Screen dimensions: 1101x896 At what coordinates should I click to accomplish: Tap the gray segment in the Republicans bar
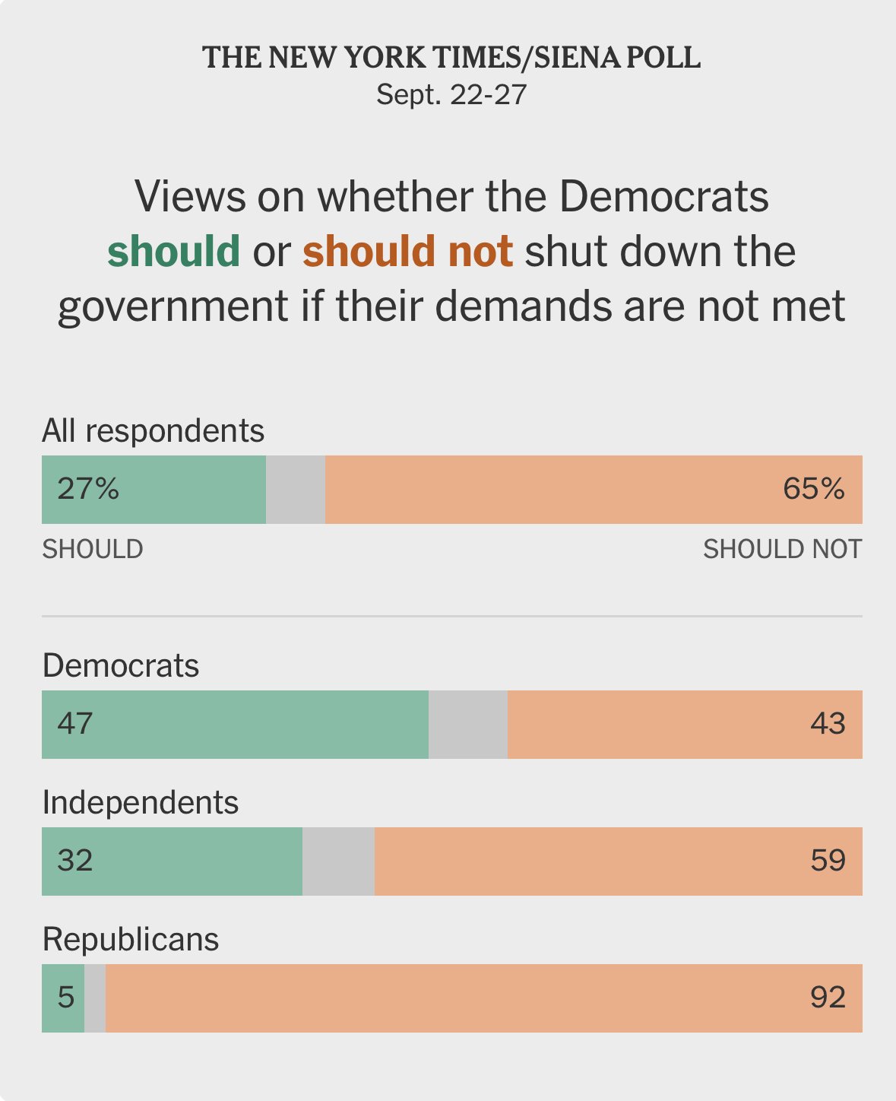[x=95, y=998]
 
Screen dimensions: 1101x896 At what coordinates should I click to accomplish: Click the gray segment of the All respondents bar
[x=296, y=490]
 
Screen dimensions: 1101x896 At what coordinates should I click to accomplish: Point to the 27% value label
[x=88, y=488]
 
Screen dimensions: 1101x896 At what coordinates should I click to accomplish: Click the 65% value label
[x=813, y=488]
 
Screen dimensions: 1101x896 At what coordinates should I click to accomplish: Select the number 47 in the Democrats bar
[x=75, y=723]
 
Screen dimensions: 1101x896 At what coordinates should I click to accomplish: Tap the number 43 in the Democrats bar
[x=828, y=723]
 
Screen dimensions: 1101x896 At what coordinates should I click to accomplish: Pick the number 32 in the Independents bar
[x=75, y=860]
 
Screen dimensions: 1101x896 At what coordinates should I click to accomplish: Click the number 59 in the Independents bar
[x=828, y=860]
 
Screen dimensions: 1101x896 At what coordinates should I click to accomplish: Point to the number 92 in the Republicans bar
[x=828, y=997]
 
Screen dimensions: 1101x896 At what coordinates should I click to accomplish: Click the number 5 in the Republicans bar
[x=66, y=997]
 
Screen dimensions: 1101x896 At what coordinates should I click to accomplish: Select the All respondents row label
[x=153, y=430]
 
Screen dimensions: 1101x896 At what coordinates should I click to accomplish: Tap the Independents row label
[x=141, y=802]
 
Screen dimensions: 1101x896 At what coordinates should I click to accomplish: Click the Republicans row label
[x=131, y=939]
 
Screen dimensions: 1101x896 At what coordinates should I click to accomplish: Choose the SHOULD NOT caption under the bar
[x=782, y=549]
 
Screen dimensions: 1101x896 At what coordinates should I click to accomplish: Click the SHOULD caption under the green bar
[x=93, y=549]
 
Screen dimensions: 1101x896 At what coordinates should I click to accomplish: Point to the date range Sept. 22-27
[x=451, y=95]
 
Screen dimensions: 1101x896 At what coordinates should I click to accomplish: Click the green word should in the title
[x=174, y=252]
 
